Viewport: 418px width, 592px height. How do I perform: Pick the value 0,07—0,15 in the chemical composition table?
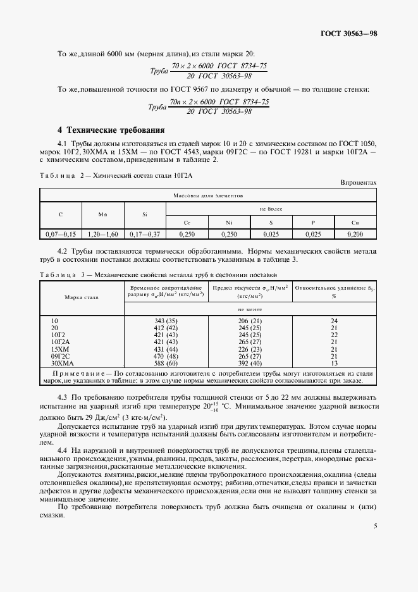61,234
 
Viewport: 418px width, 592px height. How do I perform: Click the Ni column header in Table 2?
229,223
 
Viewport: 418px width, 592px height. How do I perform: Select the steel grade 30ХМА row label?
61,364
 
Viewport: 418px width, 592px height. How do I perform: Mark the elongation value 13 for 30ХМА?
334,364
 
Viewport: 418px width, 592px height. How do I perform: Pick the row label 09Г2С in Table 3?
60,357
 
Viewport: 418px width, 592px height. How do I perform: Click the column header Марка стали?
82,297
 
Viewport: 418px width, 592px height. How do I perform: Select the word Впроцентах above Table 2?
358,182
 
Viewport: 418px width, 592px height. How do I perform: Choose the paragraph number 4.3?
63,397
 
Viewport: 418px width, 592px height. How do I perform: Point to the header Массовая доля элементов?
208,196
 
